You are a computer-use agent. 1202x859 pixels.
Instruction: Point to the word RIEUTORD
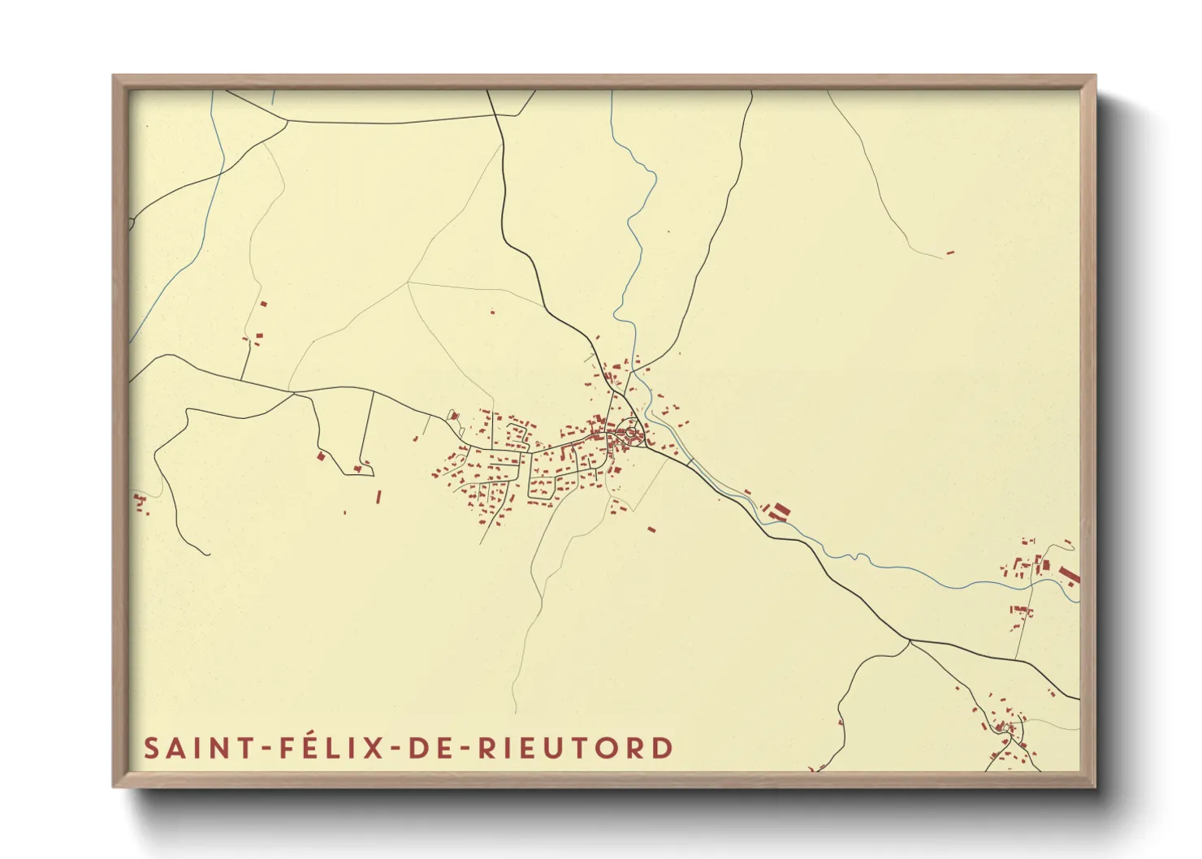pyautogui.click(x=575, y=748)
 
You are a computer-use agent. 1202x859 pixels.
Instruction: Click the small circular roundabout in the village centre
pyautogui.click(x=630, y=433)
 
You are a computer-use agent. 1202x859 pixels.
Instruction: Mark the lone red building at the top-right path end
pyautogui.click(x=949, y=253)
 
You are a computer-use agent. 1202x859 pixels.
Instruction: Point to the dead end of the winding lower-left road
pyautogui.click(x=209, y=555)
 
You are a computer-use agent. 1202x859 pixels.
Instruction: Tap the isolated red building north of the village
pyautogui.click(x=492, y=311)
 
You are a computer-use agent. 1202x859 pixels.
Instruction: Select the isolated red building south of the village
pyautogui.click(x=651, y=529)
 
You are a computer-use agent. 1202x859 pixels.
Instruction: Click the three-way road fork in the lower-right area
pyautogui.click(x=910, y=641)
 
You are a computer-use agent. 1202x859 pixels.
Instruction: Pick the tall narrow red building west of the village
pyautogui.click(x=378, y=496)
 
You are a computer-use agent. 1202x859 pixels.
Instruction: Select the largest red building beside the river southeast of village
pyautogui.click(x=781, y=511)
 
